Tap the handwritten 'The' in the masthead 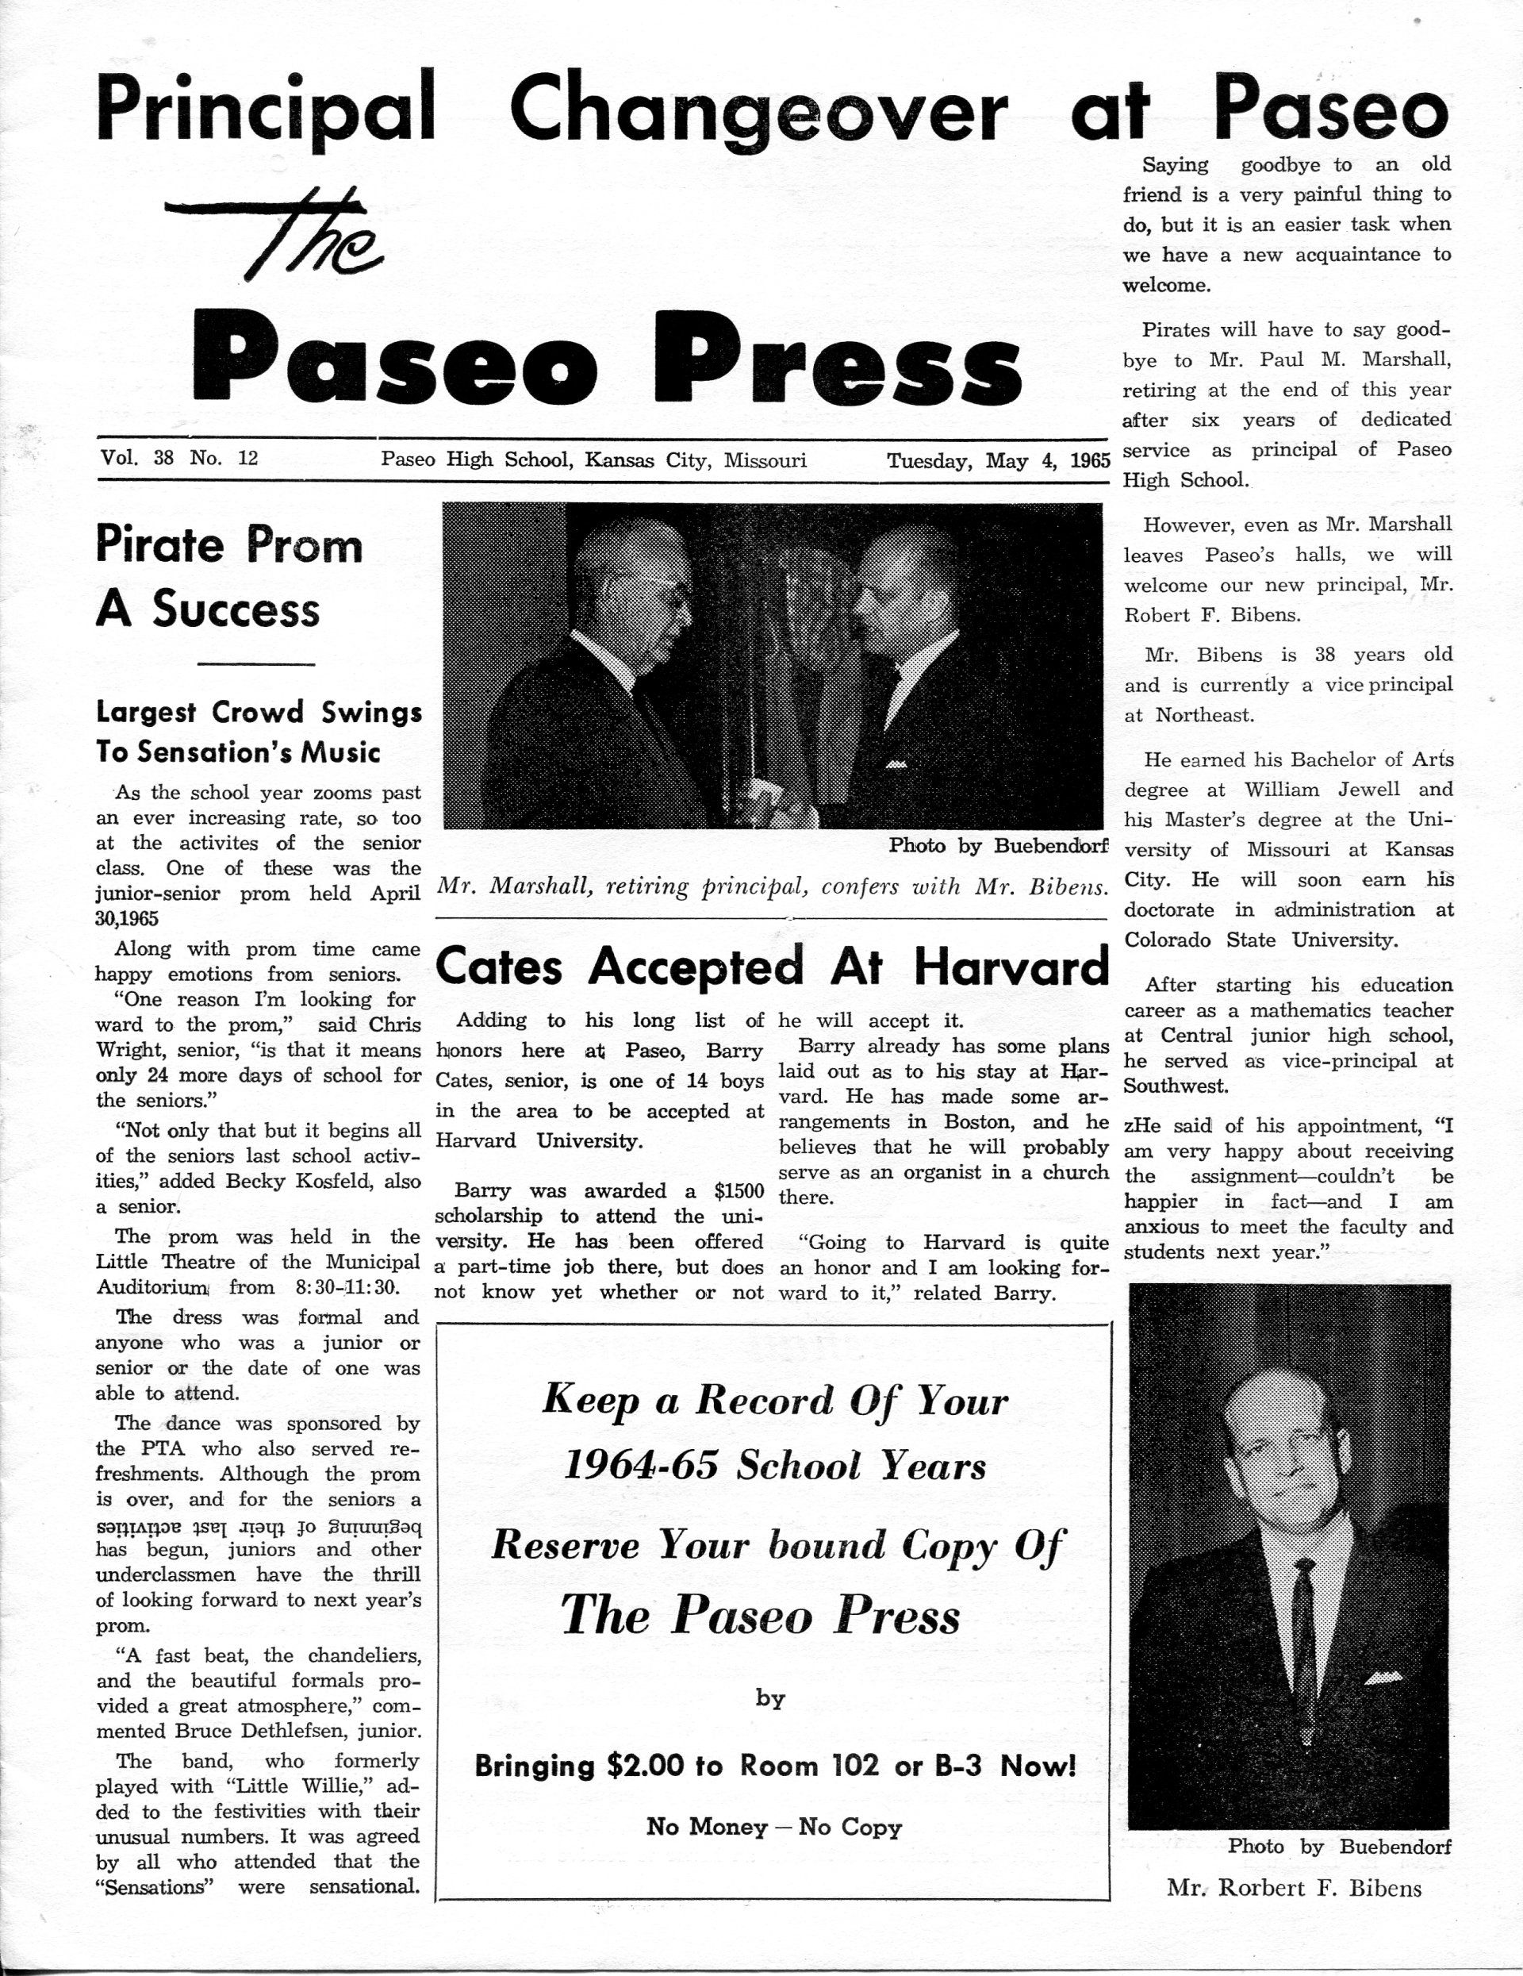coord(282,232)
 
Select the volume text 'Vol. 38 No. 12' coord(180,458)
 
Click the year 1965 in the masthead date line coord(1089,460)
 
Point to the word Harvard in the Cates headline coord(1011,967)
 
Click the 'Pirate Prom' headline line coord(228,544)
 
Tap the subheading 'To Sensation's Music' coord(238,752)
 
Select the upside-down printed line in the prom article coord(259,1524)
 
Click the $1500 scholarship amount coord(738,1190)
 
